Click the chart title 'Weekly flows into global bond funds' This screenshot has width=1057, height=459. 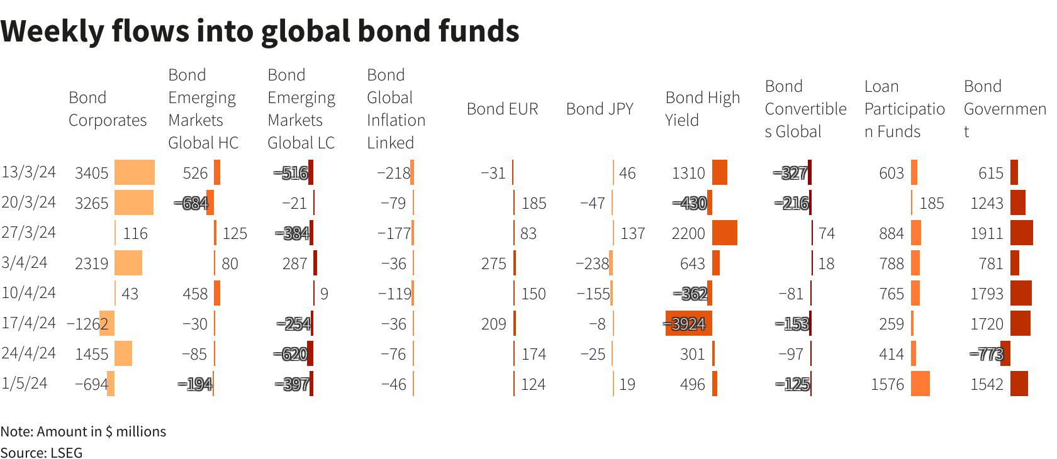coord(260,31)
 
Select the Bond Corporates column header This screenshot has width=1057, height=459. coord(108,109)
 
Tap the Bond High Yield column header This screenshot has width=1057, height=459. coord(702,109)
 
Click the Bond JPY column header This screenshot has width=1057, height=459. coord(600,109)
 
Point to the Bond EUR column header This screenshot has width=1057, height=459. coord(502,109)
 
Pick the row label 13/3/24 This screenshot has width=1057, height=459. coord(29,172)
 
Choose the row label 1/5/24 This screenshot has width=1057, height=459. coord(25,384)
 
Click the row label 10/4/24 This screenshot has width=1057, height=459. coord(29,293)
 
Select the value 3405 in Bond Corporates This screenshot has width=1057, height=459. coord(92,173)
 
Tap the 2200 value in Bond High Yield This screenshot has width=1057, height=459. coord(688,233)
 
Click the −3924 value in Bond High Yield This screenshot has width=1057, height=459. coord(687,324)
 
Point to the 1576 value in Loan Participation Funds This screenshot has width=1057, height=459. coord(887,384)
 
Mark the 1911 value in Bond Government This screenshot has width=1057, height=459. coord(987,233)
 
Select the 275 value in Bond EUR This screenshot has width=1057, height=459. coord(493,263)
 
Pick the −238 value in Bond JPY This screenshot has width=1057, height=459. coord(592,263)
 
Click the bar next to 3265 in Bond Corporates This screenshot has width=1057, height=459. coord(134,202)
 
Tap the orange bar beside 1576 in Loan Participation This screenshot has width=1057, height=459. coord(920,384)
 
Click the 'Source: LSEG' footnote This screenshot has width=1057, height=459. coord(42,453)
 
